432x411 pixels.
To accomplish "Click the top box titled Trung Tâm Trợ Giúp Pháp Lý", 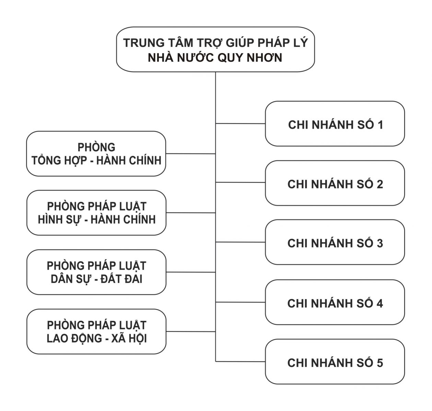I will click(x=215, y=49).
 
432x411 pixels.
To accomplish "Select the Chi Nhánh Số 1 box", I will click(x=335, y=124).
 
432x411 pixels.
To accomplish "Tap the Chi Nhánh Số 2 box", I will click(x=335, y=183).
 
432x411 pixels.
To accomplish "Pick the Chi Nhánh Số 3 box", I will click(x=335, y=242).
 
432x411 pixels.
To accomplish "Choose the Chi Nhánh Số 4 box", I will click(x=335, y=302).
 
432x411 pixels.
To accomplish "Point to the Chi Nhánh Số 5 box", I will click(x=335, y=362).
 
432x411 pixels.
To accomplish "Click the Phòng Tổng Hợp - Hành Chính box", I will click(x=96, y=154).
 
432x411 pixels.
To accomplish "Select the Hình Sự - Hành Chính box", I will click(x=96, y=213).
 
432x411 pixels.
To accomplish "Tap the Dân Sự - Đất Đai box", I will click(x=96, y=272).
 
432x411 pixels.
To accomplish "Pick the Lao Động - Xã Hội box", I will click(x=96, y=332).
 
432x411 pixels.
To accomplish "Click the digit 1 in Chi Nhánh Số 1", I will click(x=380, y=125).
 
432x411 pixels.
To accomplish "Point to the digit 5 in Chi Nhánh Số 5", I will click(x=380, y=363).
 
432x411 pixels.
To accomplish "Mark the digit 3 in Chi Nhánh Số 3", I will click(x=380, y=243).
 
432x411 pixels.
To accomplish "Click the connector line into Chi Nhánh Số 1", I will click(x=240, y=123).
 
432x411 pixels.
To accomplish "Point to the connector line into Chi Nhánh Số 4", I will click(x=240, y=302).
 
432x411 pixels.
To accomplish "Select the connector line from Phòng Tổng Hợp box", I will click(x=190, y=154).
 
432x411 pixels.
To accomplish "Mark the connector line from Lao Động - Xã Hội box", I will click(x=190, y=332).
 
